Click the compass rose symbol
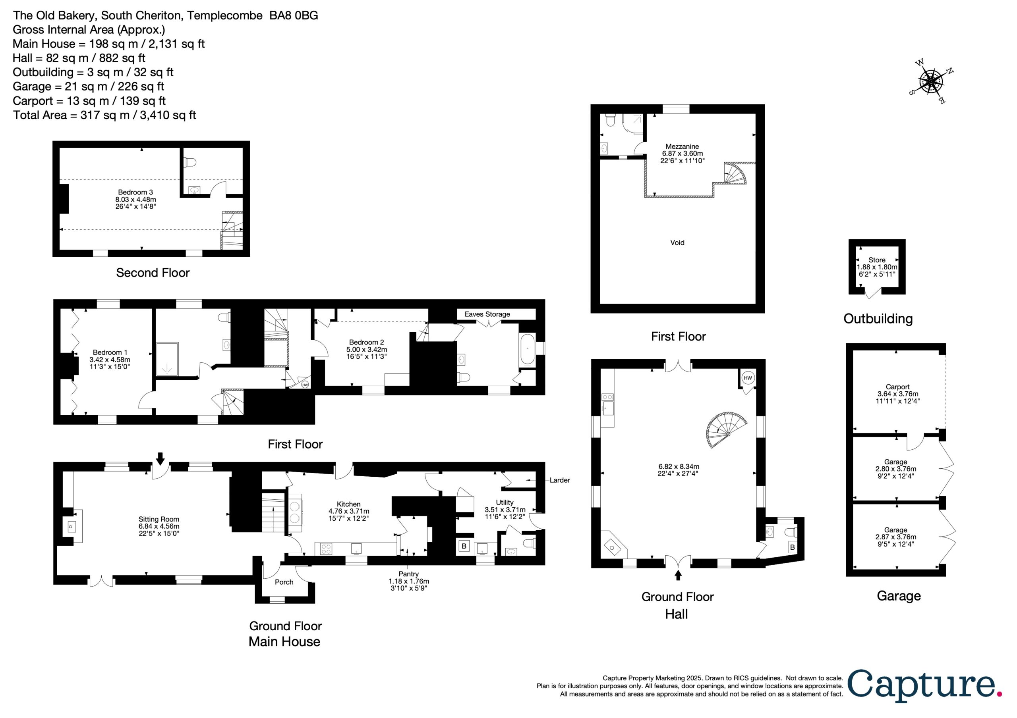click(x=931, y=82)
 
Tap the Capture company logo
click(x=925, y=685)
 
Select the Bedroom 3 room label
click(x=135, y=199)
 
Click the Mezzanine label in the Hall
click(x=682, y=154)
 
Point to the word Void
click(x=677, y=243)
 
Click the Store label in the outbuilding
click(x=877, y=267)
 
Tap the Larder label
click(x=559, y=480)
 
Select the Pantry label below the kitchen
click(x=408, y=581)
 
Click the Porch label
click(x=284, y=582)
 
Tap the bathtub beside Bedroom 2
click(x=527, y=349)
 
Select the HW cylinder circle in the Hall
click(x=748, y=377)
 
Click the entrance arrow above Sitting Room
click(x=160, y=458)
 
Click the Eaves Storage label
click(x=487, y=314)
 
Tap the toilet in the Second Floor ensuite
click(x=190, y=162)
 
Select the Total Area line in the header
click(x=104, y=115)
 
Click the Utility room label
click(x=505, y=510)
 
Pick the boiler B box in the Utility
click(x=464, y=546)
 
